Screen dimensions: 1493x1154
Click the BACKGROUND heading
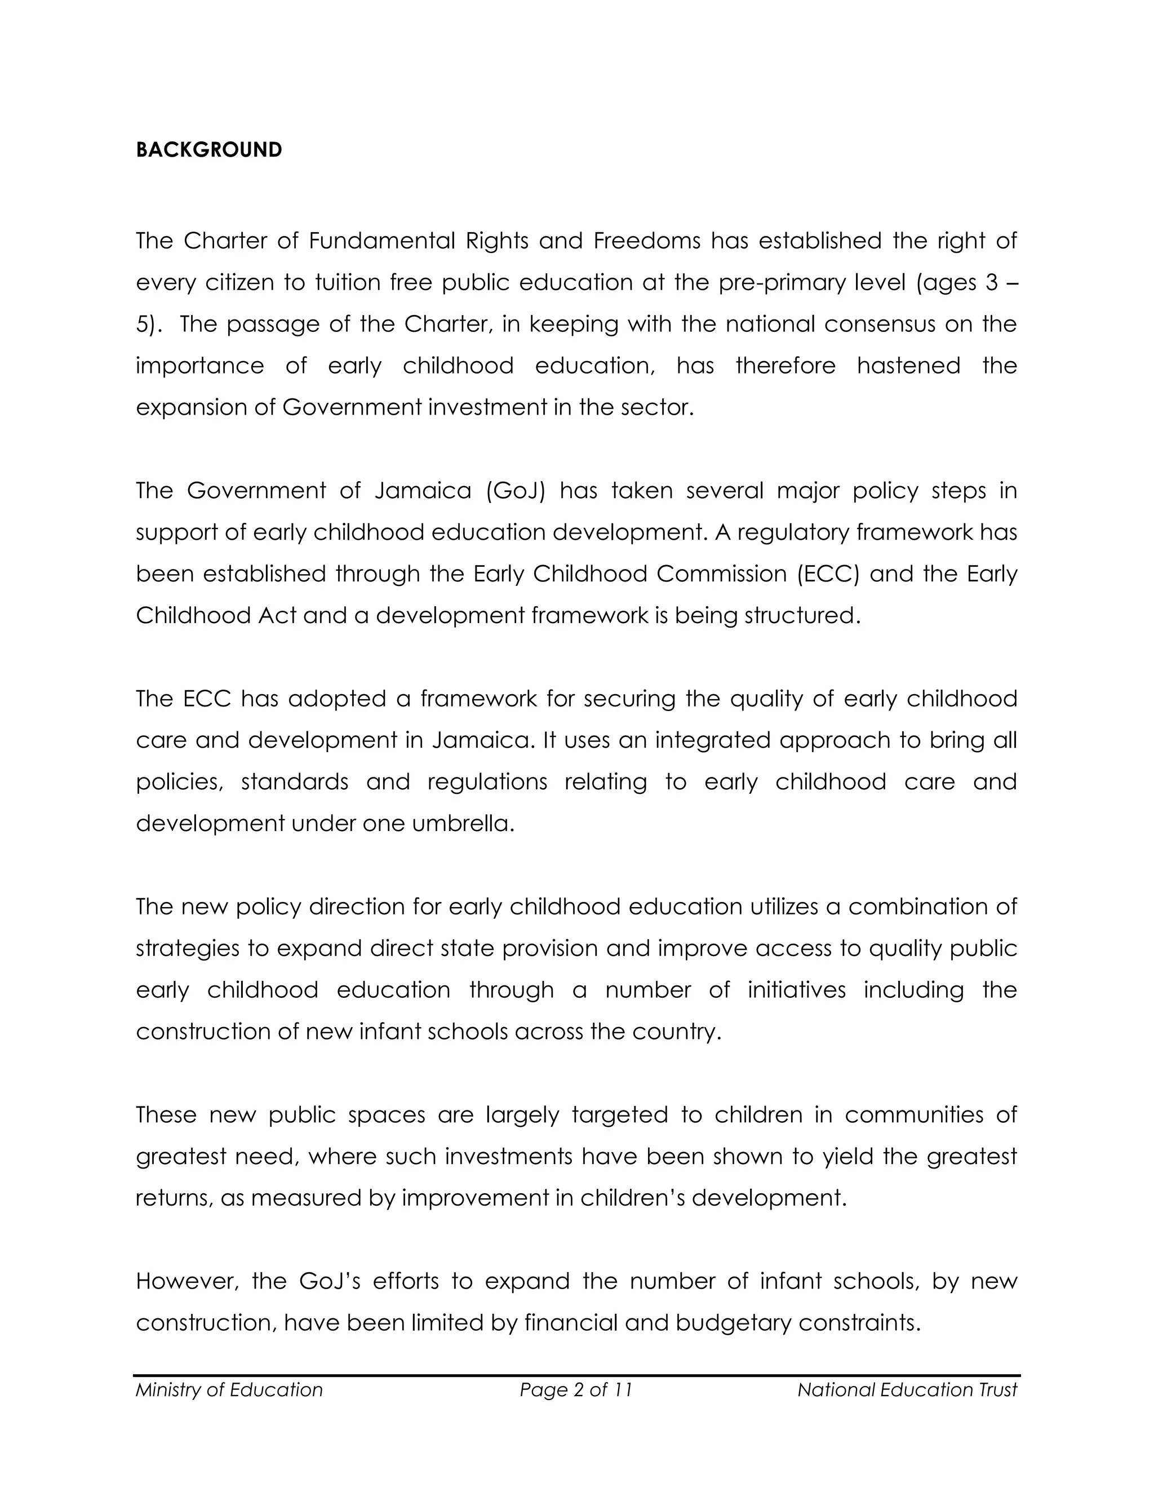point(208,150)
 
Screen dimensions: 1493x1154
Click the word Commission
point(721,574)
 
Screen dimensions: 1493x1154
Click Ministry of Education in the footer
point(229,1390)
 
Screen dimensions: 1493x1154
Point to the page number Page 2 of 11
point(576,1390)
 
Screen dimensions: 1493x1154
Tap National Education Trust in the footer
point(907,1390)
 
